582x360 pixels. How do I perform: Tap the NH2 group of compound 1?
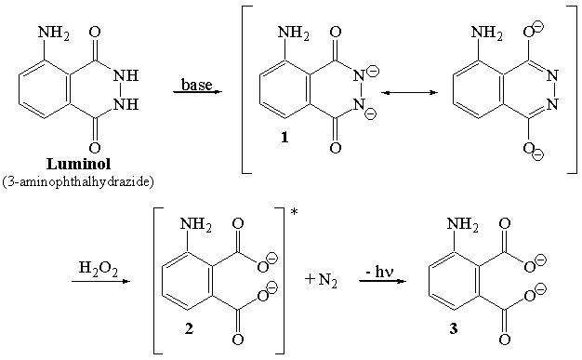click(294, 36)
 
